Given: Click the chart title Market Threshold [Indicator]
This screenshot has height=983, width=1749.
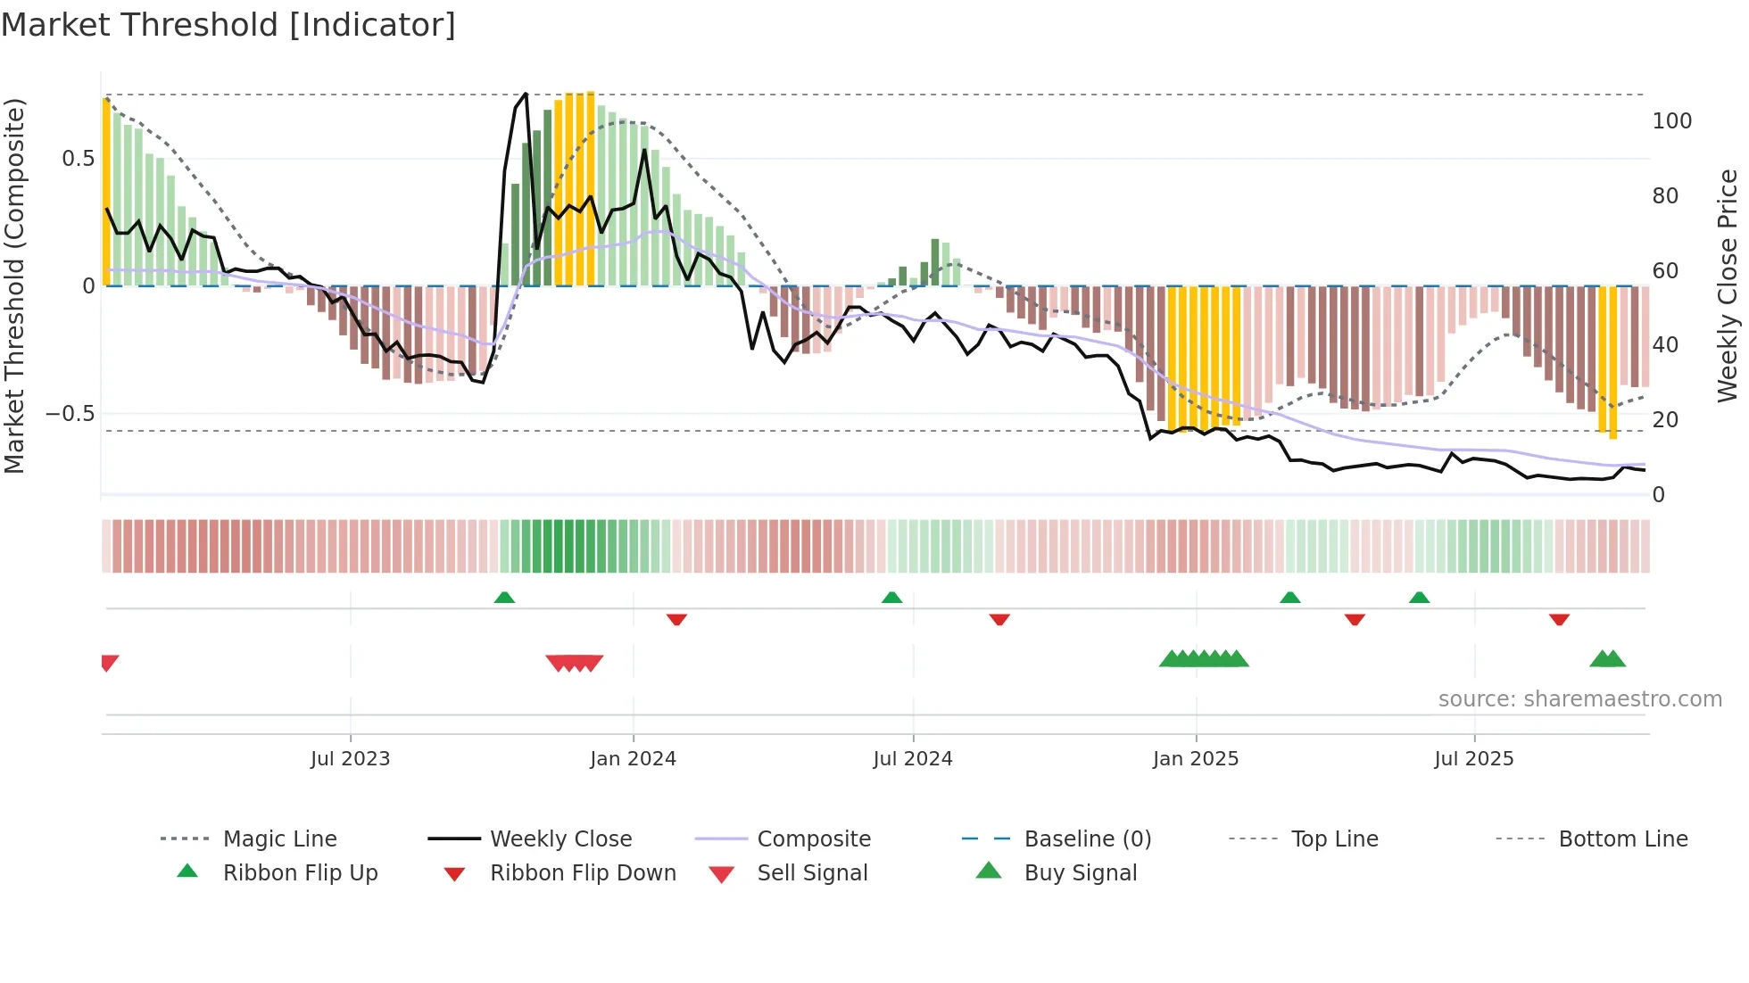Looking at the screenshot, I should pyautogui.click(x=228, y=25).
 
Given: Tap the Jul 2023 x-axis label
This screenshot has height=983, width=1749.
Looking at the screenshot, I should pyautogui.click(x=350, y=759).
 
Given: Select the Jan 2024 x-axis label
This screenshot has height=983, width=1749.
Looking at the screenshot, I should pyautogui.click(x=633, y=759).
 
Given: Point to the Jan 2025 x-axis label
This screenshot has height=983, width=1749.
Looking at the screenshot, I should pyautogui.click(x=1195, y=759).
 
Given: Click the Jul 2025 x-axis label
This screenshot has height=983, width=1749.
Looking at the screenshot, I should pyautogui.click(x=1473, y=759).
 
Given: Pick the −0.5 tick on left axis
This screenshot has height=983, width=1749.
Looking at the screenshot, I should pyautogui.click(x=70, y=414).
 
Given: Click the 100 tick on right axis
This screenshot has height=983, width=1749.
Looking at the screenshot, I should pyautogui.click(x=1671, y=121).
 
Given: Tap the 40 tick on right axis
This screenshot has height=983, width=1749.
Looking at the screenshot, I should pyautogui.click(x=1664, y=345).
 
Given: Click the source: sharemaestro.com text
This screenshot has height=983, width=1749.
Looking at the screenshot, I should pyautogui.click(x=1579, y=699).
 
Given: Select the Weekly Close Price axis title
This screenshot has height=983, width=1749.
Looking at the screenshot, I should pyautogui.click(x=1728, y=285).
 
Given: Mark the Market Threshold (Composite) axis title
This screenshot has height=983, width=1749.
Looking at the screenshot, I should pyautogui.click(x=14, y=285).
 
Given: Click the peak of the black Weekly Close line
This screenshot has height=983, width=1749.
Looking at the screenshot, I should pyautogui.click(x=526, y=94).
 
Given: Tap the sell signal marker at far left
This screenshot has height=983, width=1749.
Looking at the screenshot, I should pyautogui.click(x=109, y=662).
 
